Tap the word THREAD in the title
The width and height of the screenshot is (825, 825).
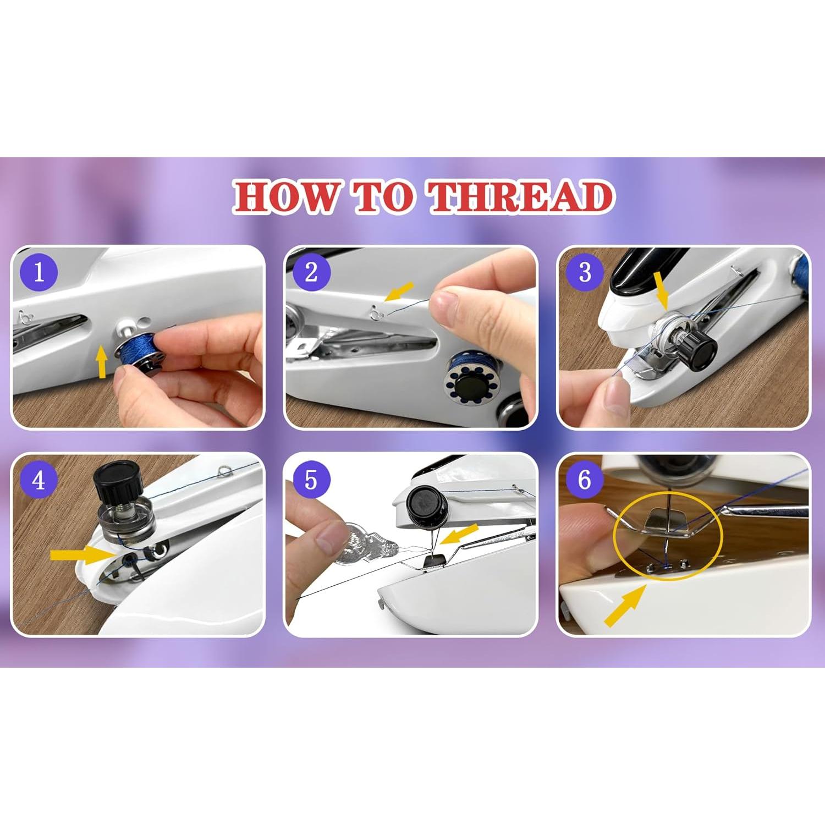[x=521, y=197]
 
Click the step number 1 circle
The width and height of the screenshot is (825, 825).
[x=38, y=272]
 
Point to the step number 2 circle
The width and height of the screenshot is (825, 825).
[x=311, y=272]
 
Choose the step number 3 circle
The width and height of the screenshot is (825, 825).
[x=585, y=272]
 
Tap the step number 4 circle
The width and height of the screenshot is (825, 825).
[x=38, y=480]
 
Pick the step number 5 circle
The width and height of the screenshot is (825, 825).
[x=311, y=480]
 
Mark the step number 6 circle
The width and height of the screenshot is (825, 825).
[x=585, y=480]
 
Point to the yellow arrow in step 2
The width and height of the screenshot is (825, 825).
[x=399, y=291]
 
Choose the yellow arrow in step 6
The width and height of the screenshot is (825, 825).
[x=625, y=605]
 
